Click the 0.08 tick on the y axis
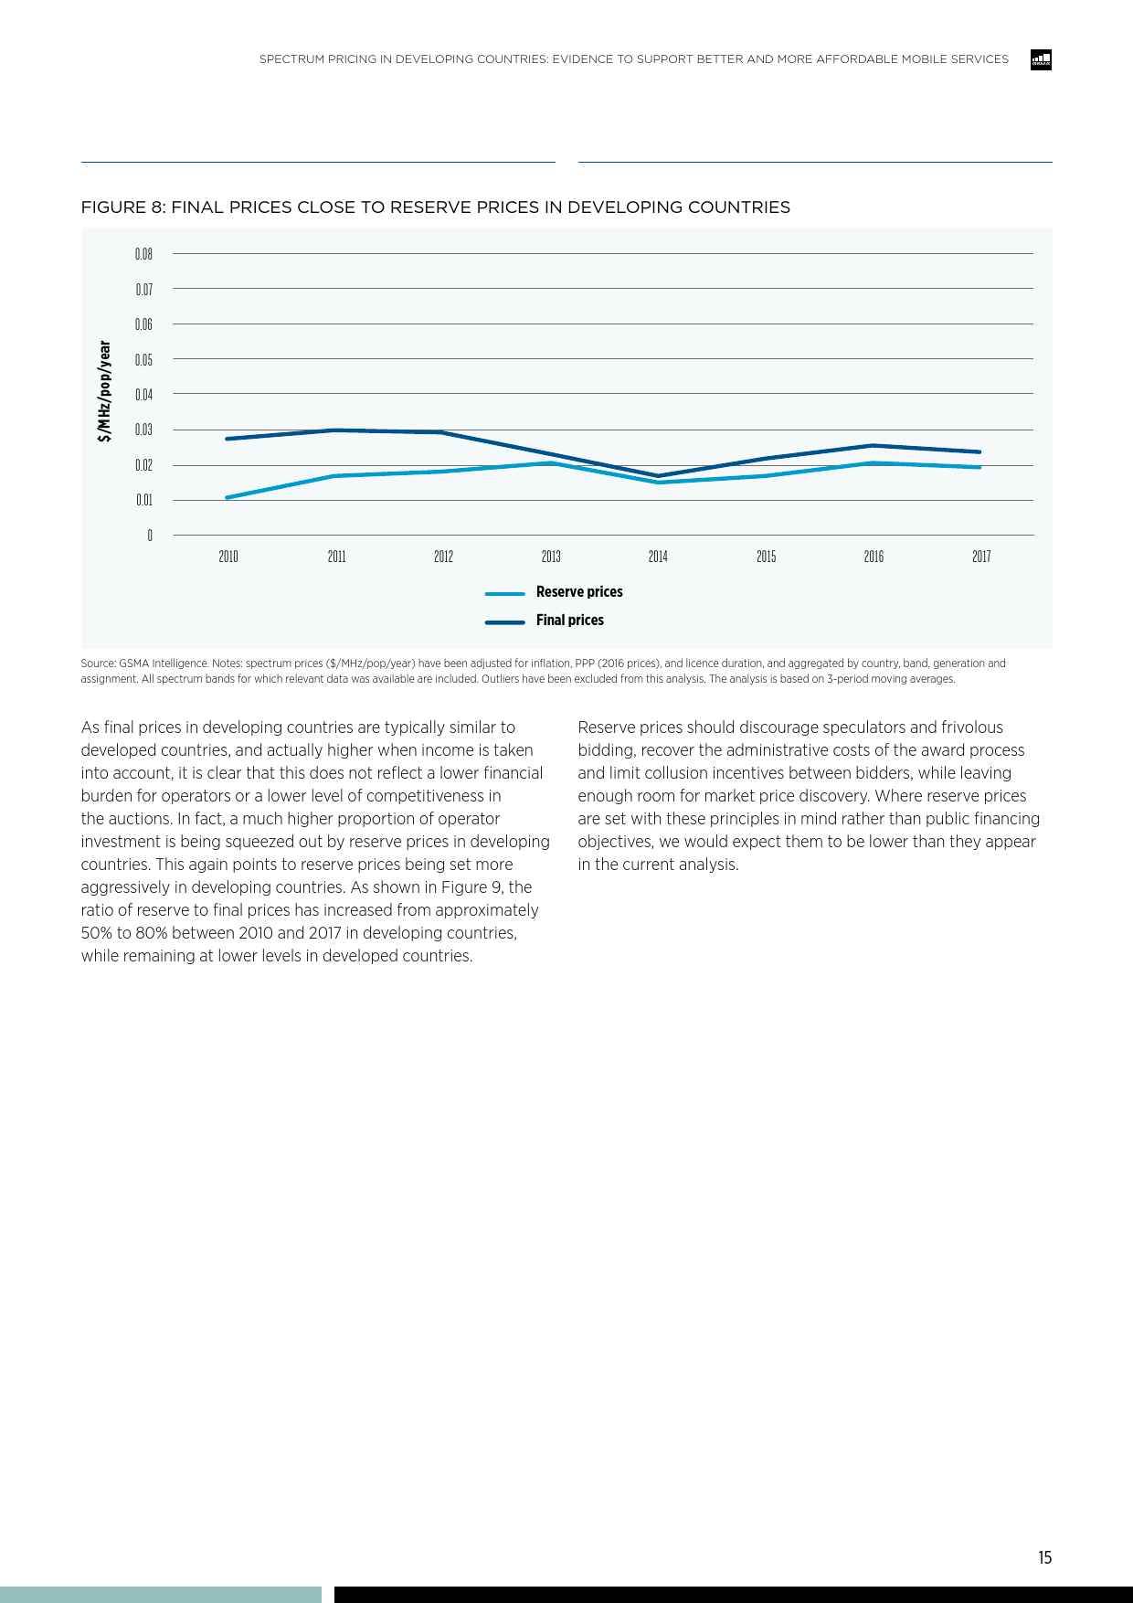click(143, 254)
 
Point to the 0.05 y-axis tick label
click(143, 359)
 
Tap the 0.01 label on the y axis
click(143, 500)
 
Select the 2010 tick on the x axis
click(228, 557)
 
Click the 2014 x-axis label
click(658, 557)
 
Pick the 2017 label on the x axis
click(981, 557)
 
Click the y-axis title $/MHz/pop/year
click(105, 391)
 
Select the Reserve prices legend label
click(579, 592)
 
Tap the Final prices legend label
click(570, 621)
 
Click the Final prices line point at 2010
click(228, 439)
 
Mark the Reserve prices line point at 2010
click(228, 497)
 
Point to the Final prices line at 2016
click(874, 446)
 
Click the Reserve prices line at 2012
click(443, 472)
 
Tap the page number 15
click(1044, 1558)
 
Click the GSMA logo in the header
click(1041, 60)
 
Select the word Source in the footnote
click(97, 663)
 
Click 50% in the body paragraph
click(96, 933)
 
